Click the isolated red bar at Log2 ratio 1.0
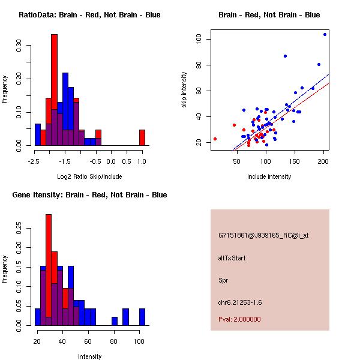[142, 137]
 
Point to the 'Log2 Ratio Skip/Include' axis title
[89, 176]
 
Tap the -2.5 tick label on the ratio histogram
[34, 161]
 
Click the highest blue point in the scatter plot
[325, 34]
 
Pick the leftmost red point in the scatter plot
[215, 139]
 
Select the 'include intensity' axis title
[269, 176]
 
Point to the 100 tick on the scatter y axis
[198, 40]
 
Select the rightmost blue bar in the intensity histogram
[142, 317]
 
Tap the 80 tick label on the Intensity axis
[113, 341]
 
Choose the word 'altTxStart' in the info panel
[232, 258]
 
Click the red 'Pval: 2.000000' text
[239, 319]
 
